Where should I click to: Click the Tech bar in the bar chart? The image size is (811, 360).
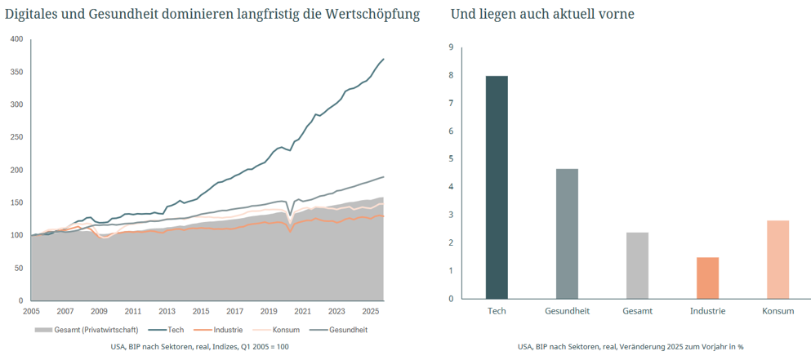tap(497, 187)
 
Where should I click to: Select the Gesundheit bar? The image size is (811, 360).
tap(568, 233)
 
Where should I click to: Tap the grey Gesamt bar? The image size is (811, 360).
tap(637, 265)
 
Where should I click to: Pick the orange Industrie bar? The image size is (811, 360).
tap(707, 278)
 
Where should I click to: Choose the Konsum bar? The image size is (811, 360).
tap(778, 260)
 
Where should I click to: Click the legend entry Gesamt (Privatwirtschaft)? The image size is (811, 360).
tap(87, 330)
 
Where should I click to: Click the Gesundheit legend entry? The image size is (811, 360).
tap(338, 330)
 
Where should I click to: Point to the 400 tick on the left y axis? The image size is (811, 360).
tap(17, 39)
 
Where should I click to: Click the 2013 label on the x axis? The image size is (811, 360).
tap(167, 311)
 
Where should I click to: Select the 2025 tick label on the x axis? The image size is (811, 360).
tap(370, 311)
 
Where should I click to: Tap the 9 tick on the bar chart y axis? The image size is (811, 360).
tap(451, 48)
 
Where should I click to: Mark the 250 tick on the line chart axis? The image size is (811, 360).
tap(17, 138)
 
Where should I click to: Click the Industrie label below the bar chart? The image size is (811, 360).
tap(707, 311)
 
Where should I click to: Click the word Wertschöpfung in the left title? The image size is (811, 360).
tap(372, 15)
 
